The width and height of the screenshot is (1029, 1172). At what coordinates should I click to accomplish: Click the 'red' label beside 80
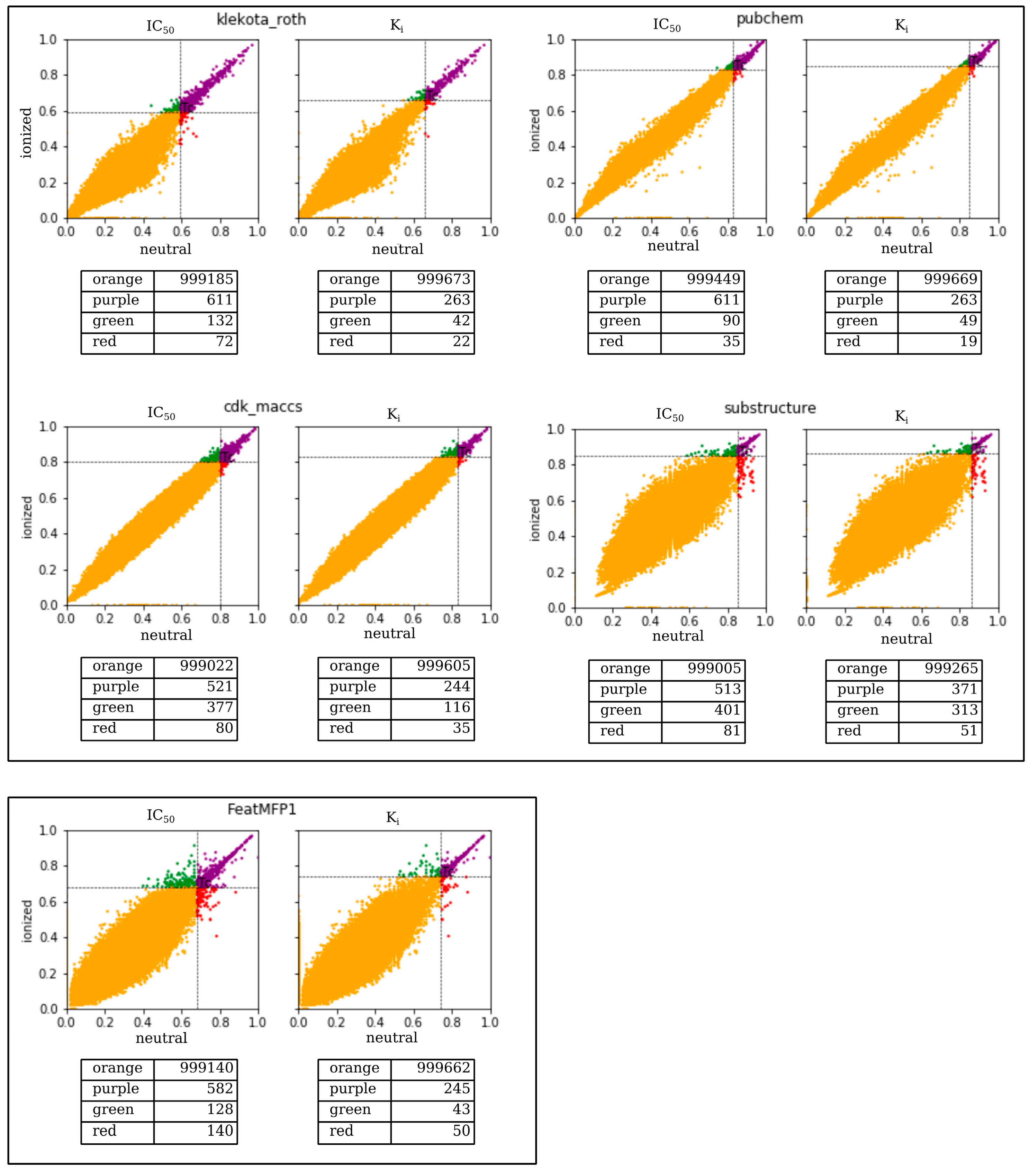(x=105, y=728)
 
